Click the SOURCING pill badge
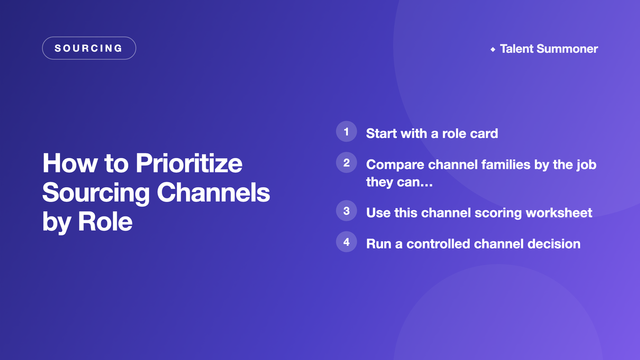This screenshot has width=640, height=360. pos(89,48)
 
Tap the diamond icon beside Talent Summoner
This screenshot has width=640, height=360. pos(493,49)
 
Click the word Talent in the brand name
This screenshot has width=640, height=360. pos(516,49)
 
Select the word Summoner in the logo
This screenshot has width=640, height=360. pos(567,49)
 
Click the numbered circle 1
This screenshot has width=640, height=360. pos(347,132)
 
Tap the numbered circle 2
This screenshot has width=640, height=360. pos(347,163)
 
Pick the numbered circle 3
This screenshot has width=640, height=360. pos(347,211)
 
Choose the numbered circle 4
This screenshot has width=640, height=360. pos(347,242)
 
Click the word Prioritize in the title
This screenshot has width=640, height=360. pos(189,164)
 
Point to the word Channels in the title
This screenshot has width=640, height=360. pos(213,192)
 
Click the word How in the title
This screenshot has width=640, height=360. pos(70,163)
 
